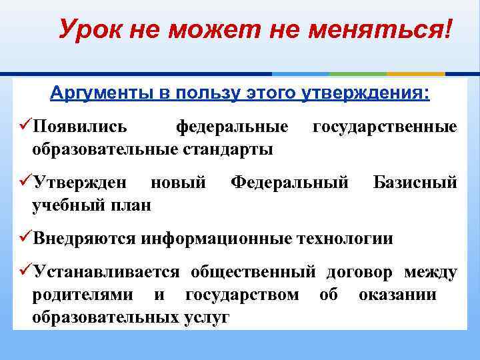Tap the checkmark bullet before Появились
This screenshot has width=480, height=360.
pyautogui.click(x=24, y=126)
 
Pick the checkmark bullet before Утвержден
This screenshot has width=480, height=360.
pyautogui.click(x=24, y=182)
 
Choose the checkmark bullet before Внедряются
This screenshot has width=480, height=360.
pyautogui.click(x=24, y=238)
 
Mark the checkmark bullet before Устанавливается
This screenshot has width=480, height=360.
pyautogui.click(x=24, y=272)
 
